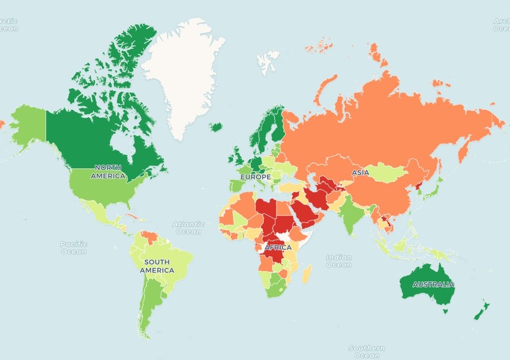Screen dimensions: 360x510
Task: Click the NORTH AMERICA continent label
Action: click(108, 172)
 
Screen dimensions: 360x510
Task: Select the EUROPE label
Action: click(256, 178)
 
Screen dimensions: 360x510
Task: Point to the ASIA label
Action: click(361, 173)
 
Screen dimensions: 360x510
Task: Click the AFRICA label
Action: click(278, 247)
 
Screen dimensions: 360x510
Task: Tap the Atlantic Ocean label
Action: click(188, 228)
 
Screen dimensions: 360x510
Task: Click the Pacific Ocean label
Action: click(74, 247)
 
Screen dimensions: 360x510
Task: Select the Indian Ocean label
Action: click(339, 261)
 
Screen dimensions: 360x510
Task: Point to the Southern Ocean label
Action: click(367, 352)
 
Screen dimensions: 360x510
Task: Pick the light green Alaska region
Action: click(29, 125)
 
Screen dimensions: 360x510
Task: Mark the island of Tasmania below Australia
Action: click(445, 310)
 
